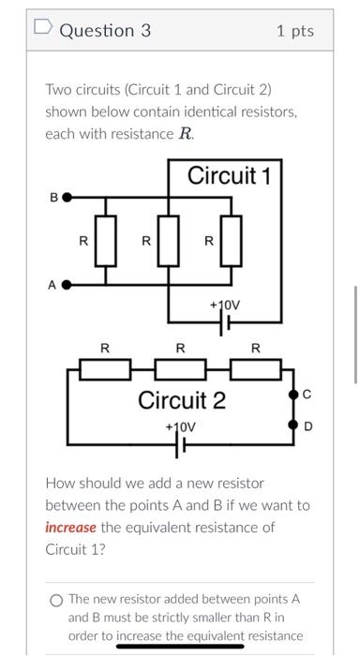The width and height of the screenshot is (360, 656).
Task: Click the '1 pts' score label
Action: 295,31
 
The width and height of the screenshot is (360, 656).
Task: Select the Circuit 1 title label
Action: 229,175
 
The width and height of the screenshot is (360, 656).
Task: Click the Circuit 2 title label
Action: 182,401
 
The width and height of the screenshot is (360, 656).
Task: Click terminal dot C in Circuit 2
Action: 291,396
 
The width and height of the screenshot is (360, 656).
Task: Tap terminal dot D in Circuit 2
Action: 291,427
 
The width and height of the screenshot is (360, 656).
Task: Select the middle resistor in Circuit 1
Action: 169,240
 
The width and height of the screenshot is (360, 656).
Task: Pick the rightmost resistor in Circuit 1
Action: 231,240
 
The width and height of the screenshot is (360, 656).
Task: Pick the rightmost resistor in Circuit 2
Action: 255,370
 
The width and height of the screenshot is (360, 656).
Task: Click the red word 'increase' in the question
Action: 70,527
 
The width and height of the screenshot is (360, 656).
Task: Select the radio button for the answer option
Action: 57,599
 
